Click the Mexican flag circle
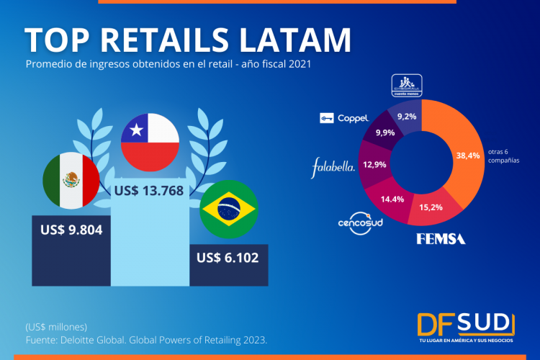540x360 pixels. point(71,180)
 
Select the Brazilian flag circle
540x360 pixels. point(228,210)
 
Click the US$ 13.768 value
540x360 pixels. point(149,192)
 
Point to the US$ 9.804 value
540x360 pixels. point(71,230)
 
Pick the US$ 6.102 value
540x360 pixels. point(228,257)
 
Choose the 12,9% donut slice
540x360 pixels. point(374,165)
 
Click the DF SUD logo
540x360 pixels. point(466,325)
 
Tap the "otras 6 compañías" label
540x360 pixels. point(503,158)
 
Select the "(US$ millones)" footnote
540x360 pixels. point(56,326)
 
